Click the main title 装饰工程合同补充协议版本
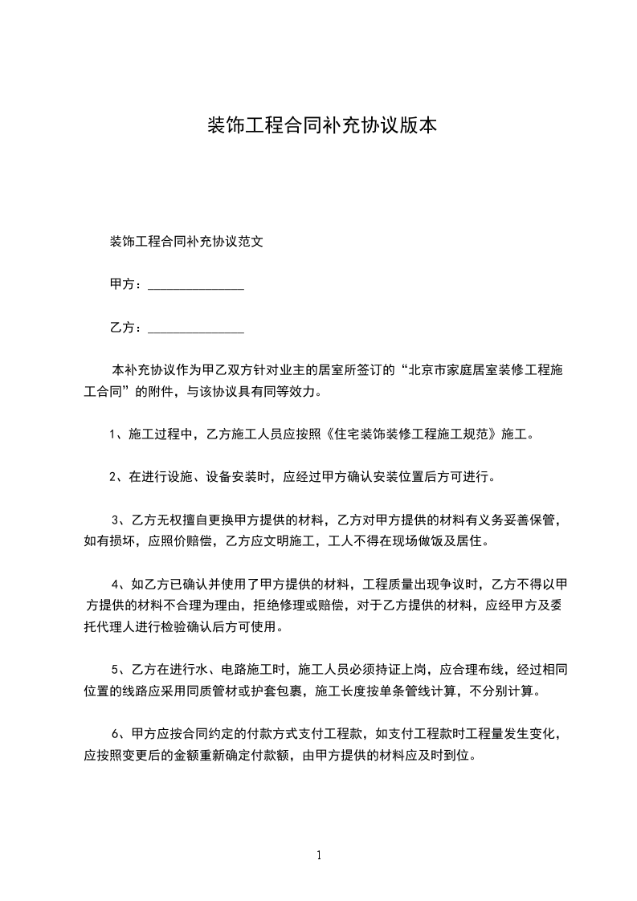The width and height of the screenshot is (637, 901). click(x=321, y=126)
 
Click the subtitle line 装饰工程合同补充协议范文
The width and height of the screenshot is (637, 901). click(x=186, y=240)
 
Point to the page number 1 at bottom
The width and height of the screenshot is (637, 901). click(x=319, y=855)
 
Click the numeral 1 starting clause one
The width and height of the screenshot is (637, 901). click(x=113, y=435)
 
